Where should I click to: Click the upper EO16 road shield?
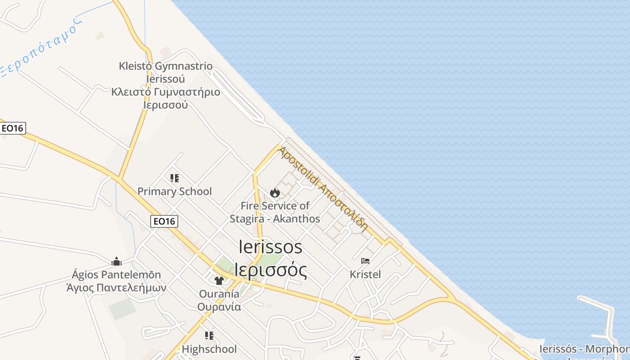pyautogui.click(x=12, y=128)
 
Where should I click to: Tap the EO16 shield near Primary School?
pyautogui.click(x=164, y=221)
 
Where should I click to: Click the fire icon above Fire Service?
pyautogui.click(x=274, y=193)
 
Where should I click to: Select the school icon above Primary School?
pyautogui.click(x=175, y=178)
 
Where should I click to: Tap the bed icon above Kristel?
pyautogui.click(x=365, y=261)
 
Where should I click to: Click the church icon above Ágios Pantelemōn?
pyautogui.click(x=117, y=261)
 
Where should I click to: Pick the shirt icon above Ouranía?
pyautogui.click(x=219, y=280)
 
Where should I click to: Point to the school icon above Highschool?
pyautogui.click(x=209, y=336)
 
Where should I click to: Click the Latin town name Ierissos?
pyautogui.click(x=270, y=247)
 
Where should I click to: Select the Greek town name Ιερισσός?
pyautogui.click(x=271, y=270)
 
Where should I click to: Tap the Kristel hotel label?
pyautogui.click(x=365, y=274)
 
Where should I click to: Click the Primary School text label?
pyautogui.click(x=174, y=191)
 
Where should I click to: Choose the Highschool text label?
pyautogui.click(x=209, y=349)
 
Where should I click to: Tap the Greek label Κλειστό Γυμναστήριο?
pyautogui.click(x=166, y=92)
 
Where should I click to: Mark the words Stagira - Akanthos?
pyautogui.click(x=274, y=219)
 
